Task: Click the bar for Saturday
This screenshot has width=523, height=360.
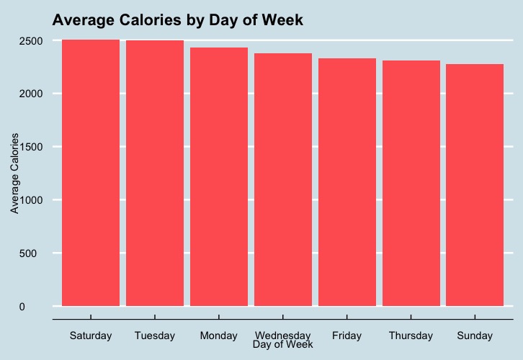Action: (x=91, y=173)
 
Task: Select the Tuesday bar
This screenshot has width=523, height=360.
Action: (x=155, y=174)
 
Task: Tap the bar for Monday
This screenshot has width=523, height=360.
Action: (x=219, y=177)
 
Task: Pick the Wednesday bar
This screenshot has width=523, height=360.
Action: (x=283, y=180)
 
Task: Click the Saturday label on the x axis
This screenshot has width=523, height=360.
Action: (x=91, y=336)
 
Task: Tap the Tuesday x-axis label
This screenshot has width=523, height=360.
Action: (x=155, y=336)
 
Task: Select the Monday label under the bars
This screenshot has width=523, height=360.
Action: (x=219, y=336)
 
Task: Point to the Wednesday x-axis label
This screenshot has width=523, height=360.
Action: (x=283, y=336)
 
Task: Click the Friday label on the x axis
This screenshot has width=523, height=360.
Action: (x=347, y=336)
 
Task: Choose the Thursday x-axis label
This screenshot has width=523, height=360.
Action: (x=411, y=336)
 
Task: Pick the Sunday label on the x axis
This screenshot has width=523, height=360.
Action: (x=475, y=336)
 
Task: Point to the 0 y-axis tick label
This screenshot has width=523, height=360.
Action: (x=42, y=307)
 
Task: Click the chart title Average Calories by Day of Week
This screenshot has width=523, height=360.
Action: (x=178, y=21)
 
